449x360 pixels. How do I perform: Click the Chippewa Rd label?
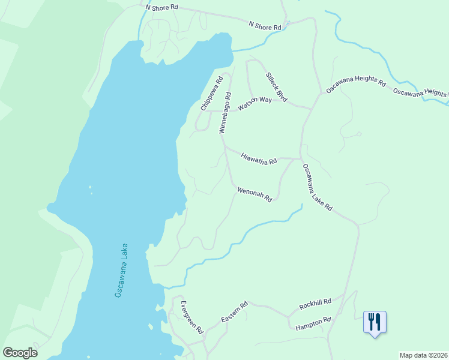[x=212, y=93]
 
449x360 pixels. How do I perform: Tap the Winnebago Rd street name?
[x=225, y=112]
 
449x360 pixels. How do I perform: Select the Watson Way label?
[x=255, y=103]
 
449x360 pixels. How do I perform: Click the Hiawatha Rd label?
[x=259, y=158]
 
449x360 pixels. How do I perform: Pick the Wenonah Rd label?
[x=255, y=194]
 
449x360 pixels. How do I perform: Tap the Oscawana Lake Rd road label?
[x=317, y=187]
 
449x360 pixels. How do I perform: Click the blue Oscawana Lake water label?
[x=121, y=270]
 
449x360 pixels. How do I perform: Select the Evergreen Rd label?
[x=192, y=317]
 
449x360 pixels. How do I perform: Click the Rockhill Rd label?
[x=315, y=304]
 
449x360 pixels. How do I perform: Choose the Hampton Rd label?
[x=313, y=323]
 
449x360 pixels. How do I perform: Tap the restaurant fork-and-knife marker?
[x=375, y=322]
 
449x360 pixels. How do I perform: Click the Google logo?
[x=20, y=352]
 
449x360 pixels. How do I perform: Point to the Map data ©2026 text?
[x=423, y=355]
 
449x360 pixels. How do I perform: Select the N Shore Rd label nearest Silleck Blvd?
[x=265, y=25]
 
